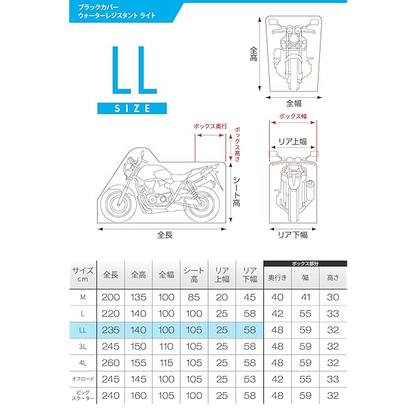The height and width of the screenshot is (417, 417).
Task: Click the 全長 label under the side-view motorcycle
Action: tap(164, 235)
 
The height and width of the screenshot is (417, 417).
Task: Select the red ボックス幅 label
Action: tap(293, 116)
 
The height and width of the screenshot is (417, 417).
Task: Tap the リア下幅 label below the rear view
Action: tap(293, 235)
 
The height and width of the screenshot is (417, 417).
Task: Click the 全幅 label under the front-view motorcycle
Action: tap(294, 102)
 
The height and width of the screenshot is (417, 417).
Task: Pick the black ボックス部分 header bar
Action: tap(305, 263)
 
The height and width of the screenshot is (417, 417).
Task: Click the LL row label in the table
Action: tap(83, 330)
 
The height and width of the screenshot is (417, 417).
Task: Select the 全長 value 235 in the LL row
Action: tap(111, 330)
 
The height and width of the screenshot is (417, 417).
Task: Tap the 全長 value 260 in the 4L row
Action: tap(111, 362)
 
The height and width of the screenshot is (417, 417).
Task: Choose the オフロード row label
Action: tap(83, 379)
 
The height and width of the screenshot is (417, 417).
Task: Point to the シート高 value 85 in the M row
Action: tap(193, 298)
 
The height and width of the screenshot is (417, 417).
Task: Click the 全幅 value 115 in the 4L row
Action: tap(165, 362)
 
